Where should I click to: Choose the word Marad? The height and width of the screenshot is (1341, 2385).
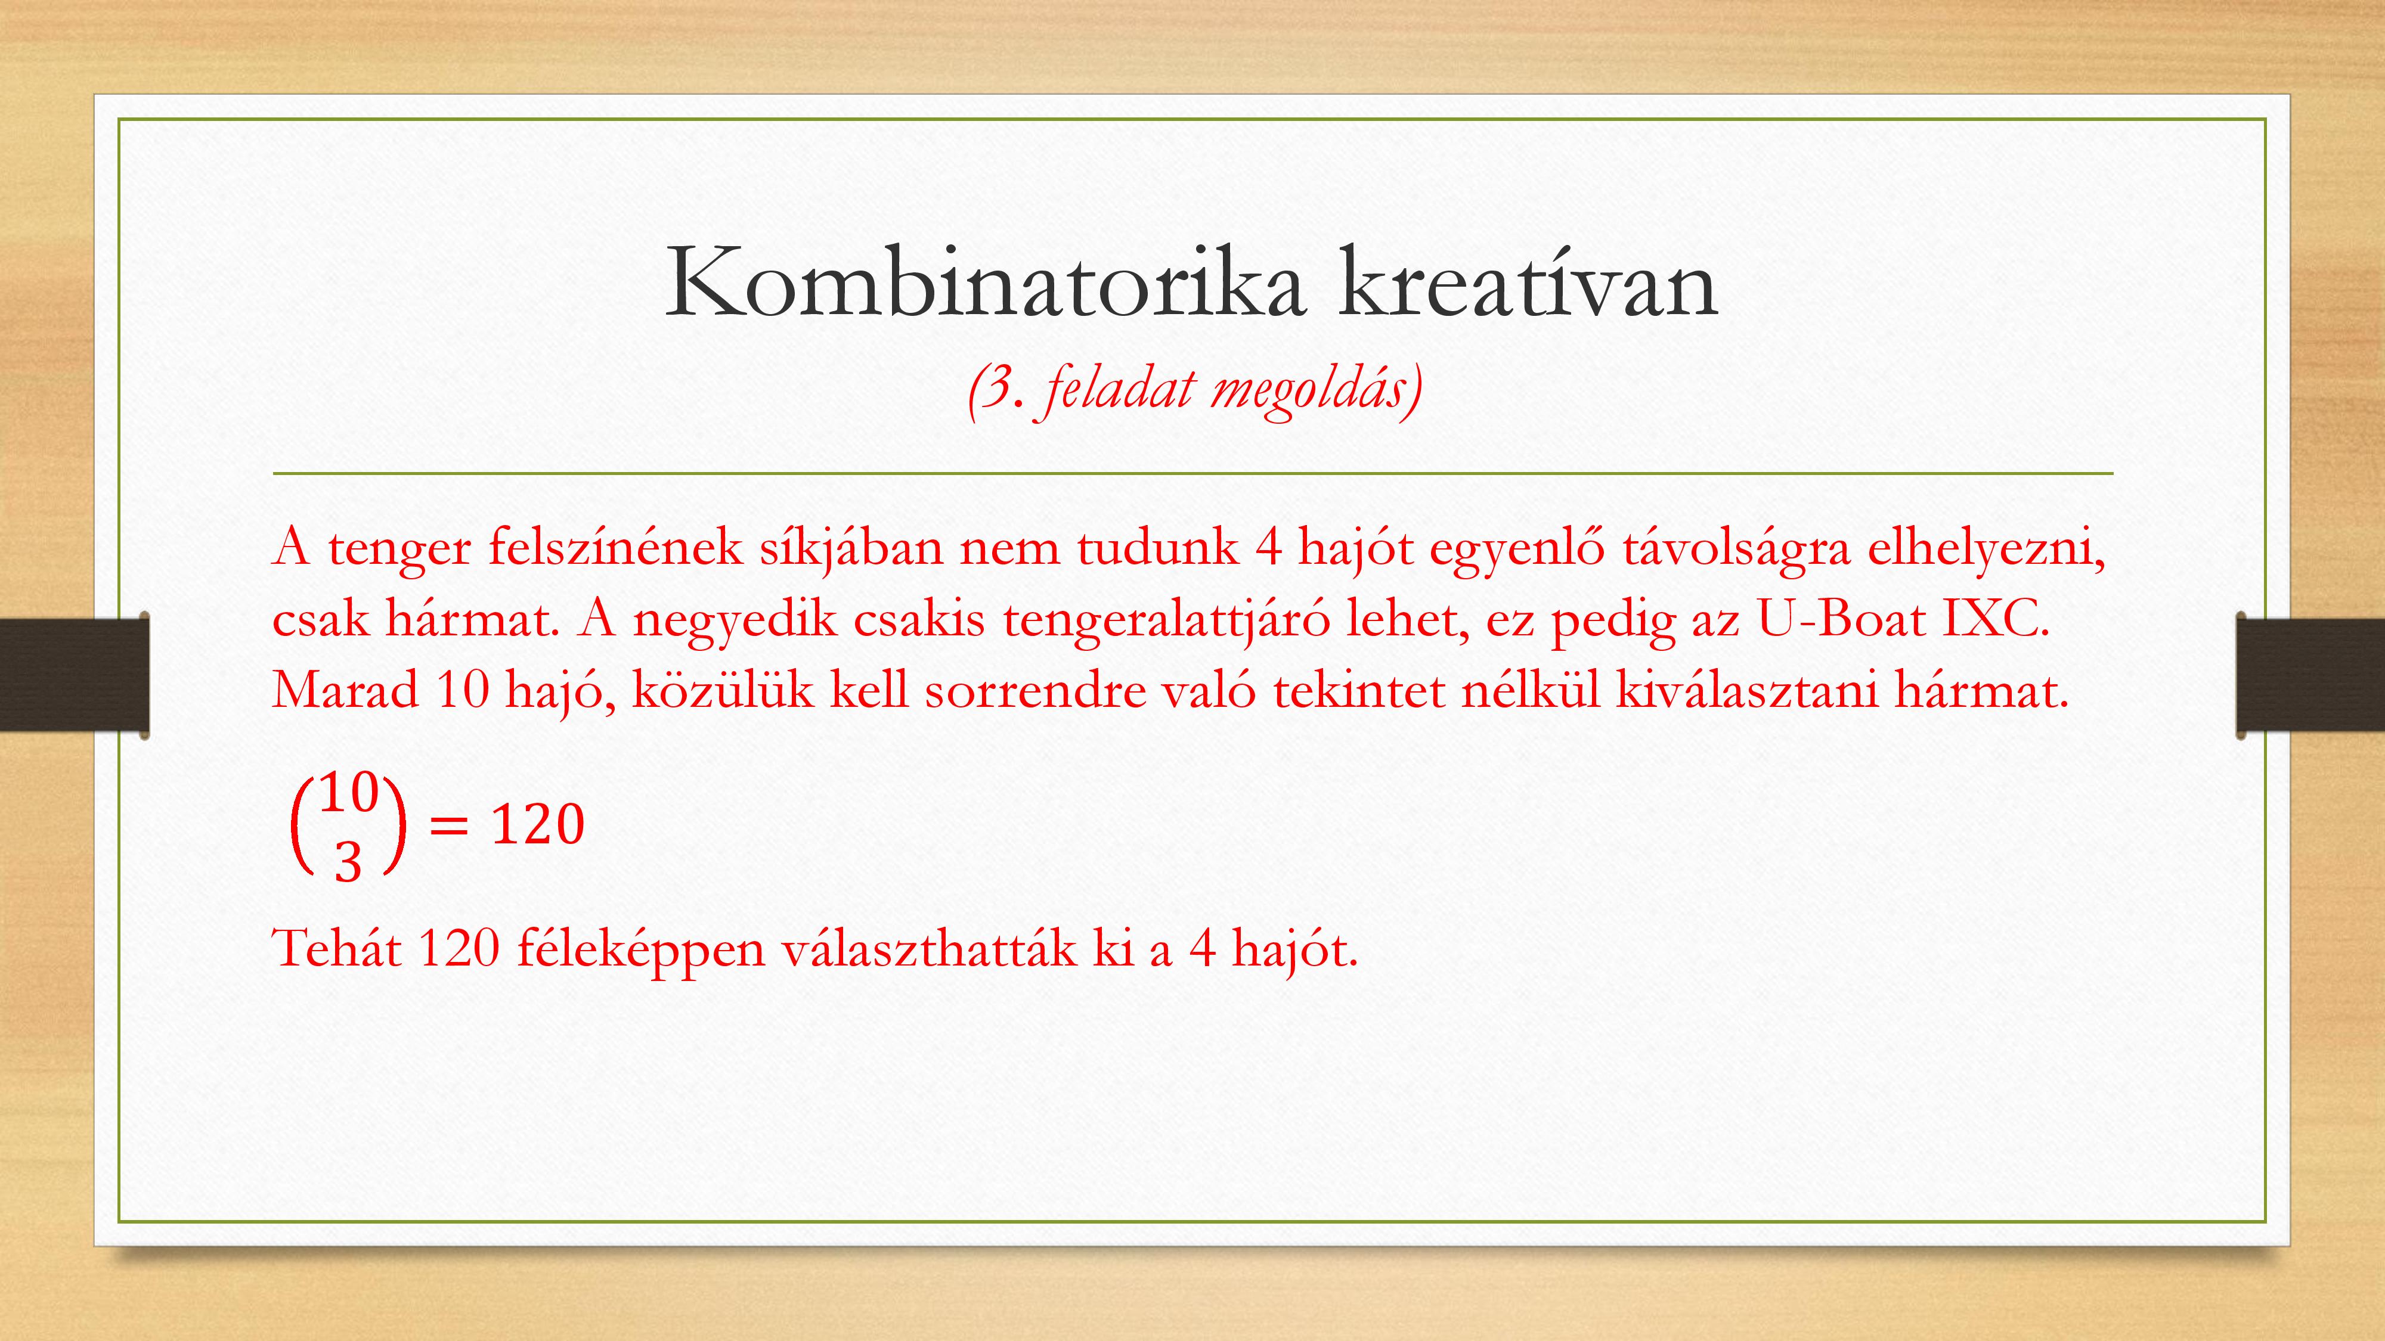tap(345, 690)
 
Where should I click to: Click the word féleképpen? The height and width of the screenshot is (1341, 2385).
tap(641, 949)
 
